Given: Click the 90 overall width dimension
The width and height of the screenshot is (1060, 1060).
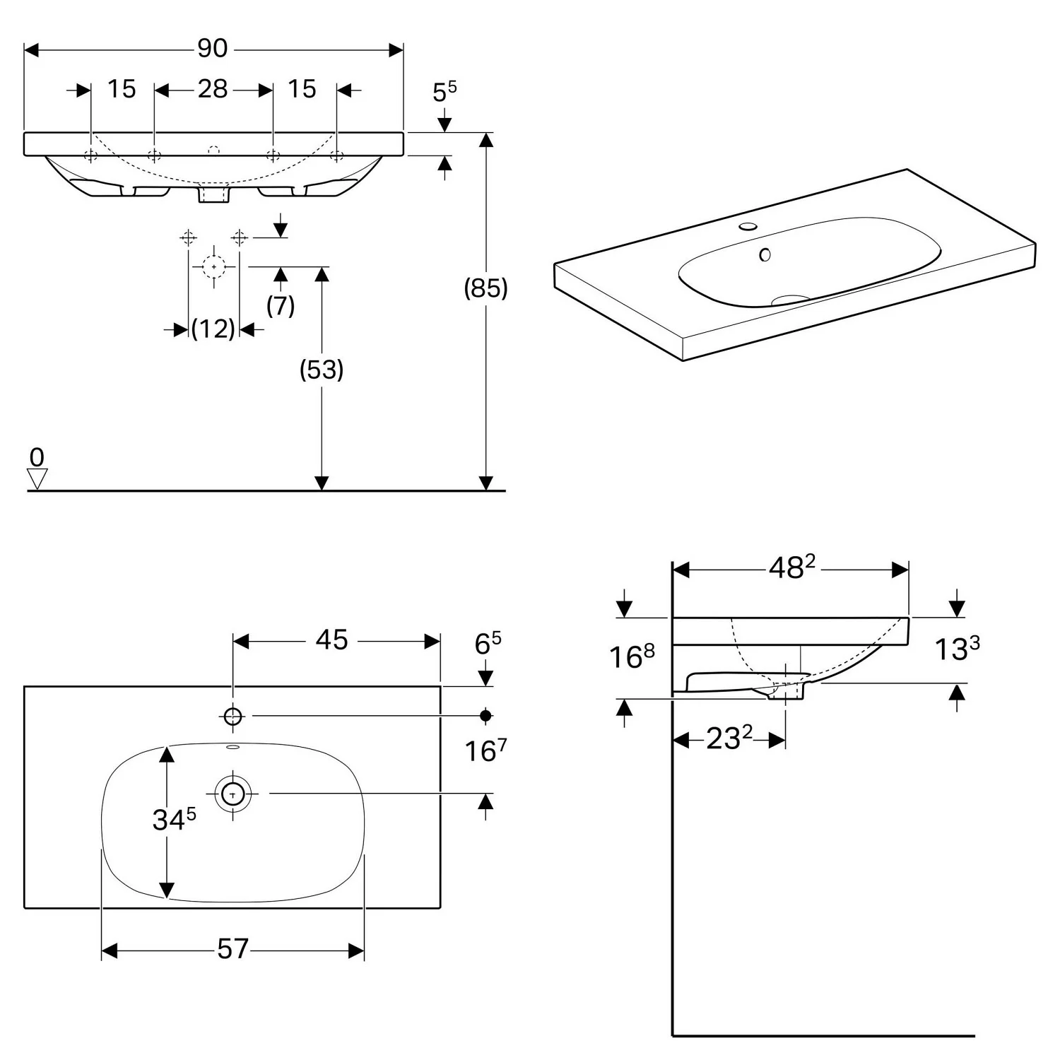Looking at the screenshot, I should pyautogui.click(x=212, y=49).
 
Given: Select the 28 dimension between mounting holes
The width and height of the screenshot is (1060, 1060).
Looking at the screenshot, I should pyautogui.click(x=213, y=90).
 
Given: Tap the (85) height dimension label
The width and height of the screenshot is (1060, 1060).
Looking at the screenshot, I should pyautogui.click(x=485, y=288).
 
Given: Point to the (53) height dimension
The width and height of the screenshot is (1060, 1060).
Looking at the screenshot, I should pyautogui.click(x=322, y=370).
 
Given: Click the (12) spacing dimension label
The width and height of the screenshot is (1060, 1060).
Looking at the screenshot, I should pyautogui.click(x=213, y=329).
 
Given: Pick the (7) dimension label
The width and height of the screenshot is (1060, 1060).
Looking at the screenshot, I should pyautogui.click(x=281, y=306).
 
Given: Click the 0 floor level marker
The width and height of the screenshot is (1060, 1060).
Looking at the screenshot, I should pyautogui.click(x=37, y=458).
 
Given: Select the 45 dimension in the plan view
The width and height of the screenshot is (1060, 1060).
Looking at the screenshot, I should pyautogui.click(x=331, y=640).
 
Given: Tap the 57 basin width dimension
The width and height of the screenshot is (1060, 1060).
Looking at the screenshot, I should pyautogui.click(x=233, y=949).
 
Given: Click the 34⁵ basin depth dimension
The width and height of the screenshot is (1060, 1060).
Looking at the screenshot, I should pyautogui.click(x=174, y=820).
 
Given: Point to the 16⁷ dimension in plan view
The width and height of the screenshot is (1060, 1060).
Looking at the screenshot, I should pyautogui.click(x=485, y=750).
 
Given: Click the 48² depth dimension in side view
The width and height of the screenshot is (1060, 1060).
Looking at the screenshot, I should pyautogui.click(x=791, y=567).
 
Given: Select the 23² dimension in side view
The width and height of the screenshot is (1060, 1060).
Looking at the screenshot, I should pyautogui.click(x=729, y=739).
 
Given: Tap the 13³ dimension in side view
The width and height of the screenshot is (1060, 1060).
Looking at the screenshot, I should pyautogui.click(x=957, y=649).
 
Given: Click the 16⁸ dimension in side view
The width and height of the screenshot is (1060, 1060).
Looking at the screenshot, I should pyautogui.click(x=632, y=656).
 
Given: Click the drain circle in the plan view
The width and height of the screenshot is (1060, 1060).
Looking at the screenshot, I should pyautogui.click(x=233, y=794).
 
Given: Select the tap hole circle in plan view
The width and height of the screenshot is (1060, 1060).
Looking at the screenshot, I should pyautogui.click(x=233, y=717).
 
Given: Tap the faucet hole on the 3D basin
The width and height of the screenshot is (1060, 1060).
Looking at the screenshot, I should pyautogui.click(x=747, y=228).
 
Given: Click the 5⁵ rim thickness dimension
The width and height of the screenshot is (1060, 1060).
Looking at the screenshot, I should pyautogui.click(x=444, y=91).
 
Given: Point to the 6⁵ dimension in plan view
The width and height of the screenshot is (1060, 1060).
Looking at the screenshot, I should pyautogui.click(x=488, y=644).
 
